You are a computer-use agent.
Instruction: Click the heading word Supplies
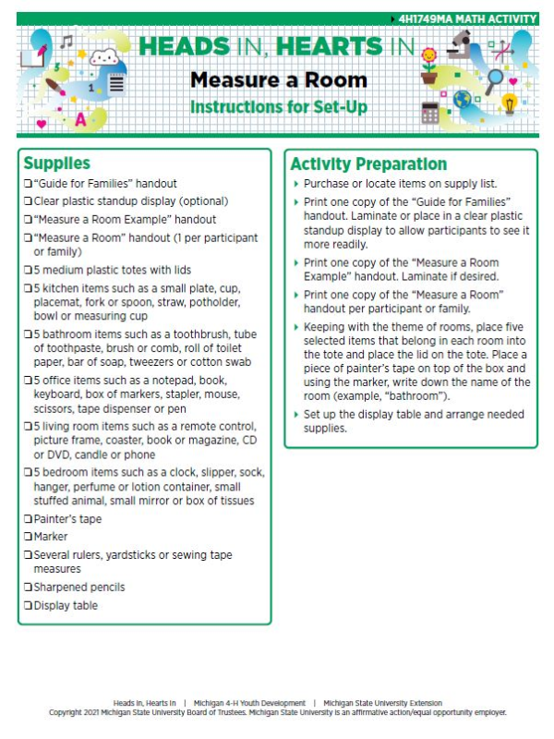point(56,164)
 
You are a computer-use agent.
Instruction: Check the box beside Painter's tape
point(28,519)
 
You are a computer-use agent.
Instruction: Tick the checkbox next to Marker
point(28,537)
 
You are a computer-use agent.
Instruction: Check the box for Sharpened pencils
point(28,588)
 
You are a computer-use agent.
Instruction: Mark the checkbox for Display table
point(28,606)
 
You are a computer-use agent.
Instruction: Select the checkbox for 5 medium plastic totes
point(28,270)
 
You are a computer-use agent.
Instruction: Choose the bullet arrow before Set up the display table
point(295,414)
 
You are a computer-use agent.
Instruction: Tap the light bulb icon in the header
point(509,103)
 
